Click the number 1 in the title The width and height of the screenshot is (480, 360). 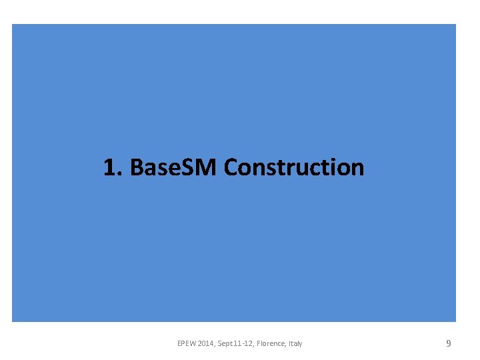click(109, 167)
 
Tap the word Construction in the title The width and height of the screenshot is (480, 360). click(294, 167)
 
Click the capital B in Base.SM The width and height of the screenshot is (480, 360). click(137, 167)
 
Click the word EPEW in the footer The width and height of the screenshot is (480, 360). click(187, 343)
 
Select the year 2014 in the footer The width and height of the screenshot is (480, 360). click(207, 343)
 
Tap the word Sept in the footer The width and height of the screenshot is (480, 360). click(225, 343)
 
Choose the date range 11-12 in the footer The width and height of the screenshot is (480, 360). click(245, 343)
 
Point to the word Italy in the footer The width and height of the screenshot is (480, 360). click(295, 343)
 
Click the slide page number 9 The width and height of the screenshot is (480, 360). click(449, 343)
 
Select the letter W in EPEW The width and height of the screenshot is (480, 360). click(193, 343)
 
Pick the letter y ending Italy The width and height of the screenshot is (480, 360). click(300, 344)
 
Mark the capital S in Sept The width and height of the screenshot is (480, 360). click(219, 343)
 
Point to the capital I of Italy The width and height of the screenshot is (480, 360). click(289, 343)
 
